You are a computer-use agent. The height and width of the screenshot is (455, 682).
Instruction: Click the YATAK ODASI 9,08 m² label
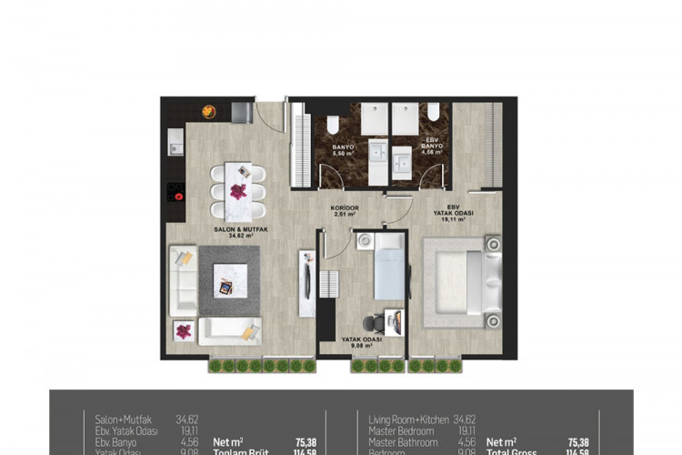pyautogui.click(x=361, y=340)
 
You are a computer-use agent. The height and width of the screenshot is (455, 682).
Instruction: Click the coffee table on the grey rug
pyautogui.click(x=224, y=287)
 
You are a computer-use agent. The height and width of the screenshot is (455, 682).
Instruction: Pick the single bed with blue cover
pyautogui.click(x=388, y=268)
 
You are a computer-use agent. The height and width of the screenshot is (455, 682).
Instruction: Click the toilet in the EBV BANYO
pyautogui.click(x=434, y=113)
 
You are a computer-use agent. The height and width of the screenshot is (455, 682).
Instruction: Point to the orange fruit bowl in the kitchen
pyautogui.click(x=208, y=111)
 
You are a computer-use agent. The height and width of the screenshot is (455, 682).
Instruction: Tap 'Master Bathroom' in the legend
pyautogui.click(x=403, y=442)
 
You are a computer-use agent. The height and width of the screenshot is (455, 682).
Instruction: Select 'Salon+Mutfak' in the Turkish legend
pyautogui.click(x=124, y=420)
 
